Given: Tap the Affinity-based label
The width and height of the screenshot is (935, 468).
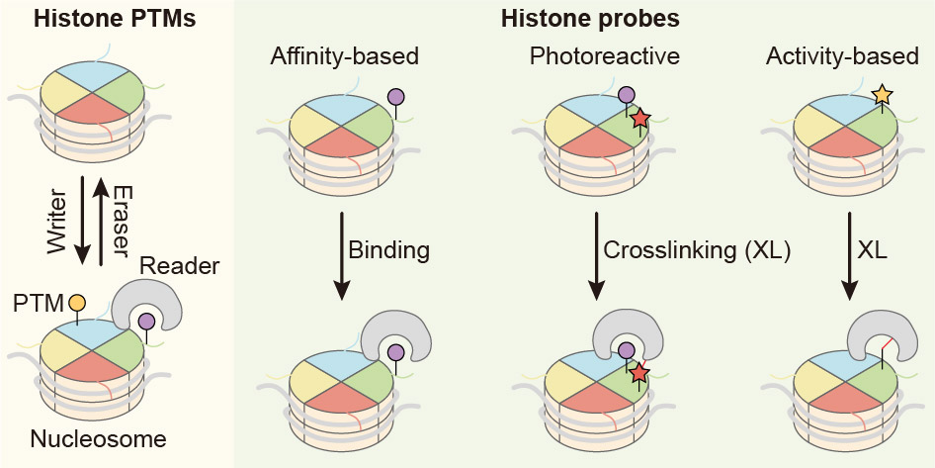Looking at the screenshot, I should coord(345,56).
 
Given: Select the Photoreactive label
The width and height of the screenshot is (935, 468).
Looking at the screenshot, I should coord(604,56).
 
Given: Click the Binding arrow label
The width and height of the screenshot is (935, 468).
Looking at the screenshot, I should coord(388,249).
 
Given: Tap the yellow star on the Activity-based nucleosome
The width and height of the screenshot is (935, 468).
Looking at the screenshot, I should coord(883,95).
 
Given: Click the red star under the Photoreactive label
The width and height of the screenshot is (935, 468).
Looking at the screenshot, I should coord(639,119).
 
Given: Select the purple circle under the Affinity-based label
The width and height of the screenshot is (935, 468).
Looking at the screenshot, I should coord(397,97).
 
